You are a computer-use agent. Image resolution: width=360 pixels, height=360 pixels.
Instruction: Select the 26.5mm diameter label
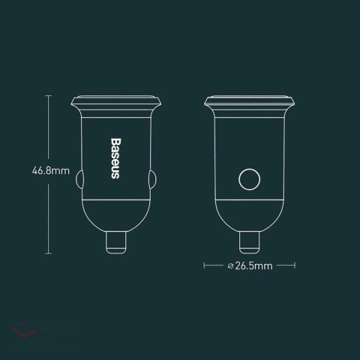point(251,265)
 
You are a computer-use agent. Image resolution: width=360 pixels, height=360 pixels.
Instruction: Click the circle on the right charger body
point(249,180)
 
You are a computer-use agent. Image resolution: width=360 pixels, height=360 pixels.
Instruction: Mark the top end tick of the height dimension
point(49,95)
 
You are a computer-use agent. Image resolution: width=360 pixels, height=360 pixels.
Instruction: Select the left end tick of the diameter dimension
point(204,265)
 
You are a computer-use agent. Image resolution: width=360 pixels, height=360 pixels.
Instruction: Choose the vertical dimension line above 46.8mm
point(49,131)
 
